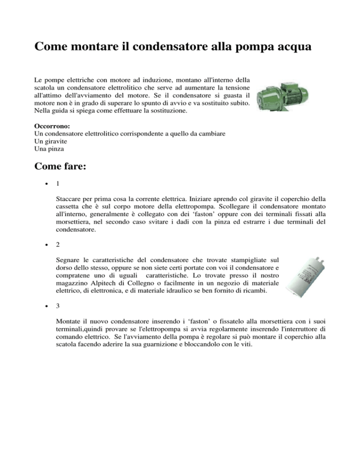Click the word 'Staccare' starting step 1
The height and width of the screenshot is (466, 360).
click(x=68, y=205)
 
